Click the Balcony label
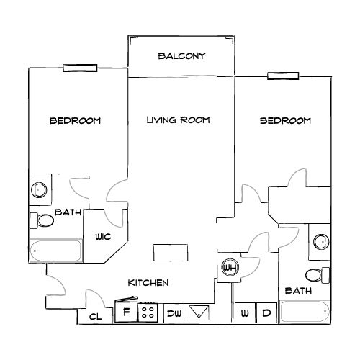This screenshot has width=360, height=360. coord(182,55)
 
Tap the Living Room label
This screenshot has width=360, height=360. coord(178,120)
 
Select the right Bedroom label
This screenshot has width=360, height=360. coord(285,120)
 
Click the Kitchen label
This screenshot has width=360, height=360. coord(148,283)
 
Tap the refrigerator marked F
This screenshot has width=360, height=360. coord(126,312)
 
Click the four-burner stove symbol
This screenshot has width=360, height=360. coord(148,312)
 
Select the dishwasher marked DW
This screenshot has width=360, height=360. coord(174,312)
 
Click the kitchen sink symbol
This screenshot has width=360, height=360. coord(199,312)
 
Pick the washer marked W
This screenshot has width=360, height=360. coord(245,313)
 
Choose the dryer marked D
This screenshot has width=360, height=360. coord(266,313)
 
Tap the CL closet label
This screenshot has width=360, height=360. coord(94,316)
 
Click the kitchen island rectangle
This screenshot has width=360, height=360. coord(171,252)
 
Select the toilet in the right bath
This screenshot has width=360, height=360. coord(316,274)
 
